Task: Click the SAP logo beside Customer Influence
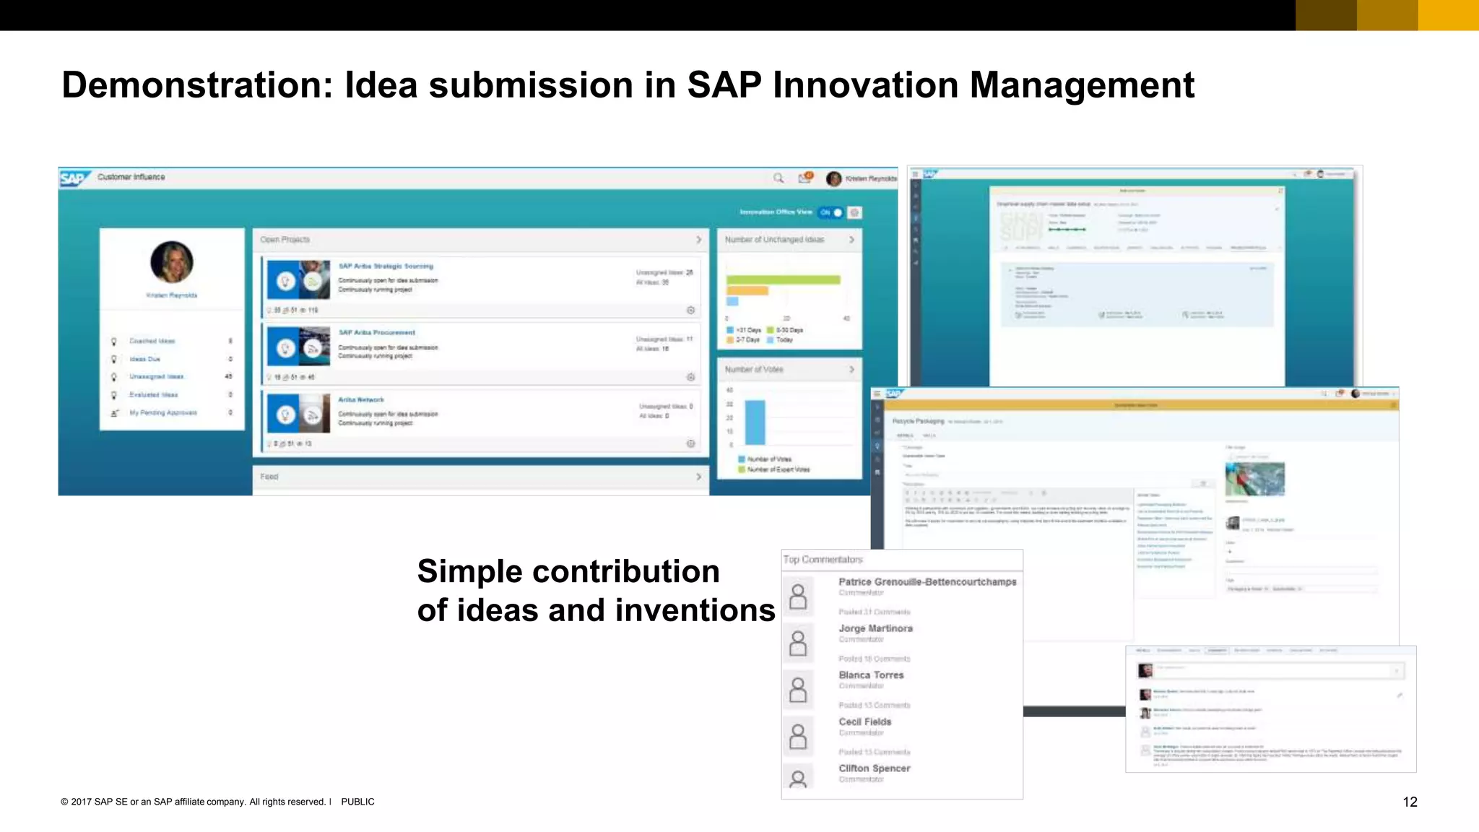[74, 178]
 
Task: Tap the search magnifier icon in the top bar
[778, 178]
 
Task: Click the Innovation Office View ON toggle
[830, 212]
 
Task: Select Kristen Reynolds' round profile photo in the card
[172, 261]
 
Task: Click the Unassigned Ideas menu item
[156, 376]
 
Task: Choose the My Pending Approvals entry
[162, 412]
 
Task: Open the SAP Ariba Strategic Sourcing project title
[386, 266]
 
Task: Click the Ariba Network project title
[361, 399]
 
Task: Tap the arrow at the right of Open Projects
[698, 239]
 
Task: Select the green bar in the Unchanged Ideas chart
[783, 279]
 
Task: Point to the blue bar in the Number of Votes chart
[755, 422]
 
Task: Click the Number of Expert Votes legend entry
[778, 469]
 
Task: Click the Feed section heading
[269, 477]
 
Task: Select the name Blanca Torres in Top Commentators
[871, 675]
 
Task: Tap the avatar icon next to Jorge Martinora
[798, 643]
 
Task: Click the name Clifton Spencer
[874, 768]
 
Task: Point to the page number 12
[1410, 802]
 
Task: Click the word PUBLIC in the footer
[357, 802]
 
